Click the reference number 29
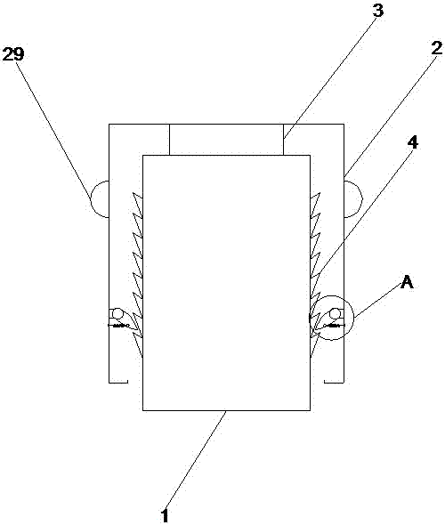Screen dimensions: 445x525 [x=13, y=54]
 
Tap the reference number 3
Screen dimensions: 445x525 [x=377, y=10]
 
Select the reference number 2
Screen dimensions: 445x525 [x=436, y=49]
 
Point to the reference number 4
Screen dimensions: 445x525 [x=413, y=143]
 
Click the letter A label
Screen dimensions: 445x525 [x=407, y=282]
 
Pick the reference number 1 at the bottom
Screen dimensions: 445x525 [x=164, y=515]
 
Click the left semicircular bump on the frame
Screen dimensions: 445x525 [x=100, y=199]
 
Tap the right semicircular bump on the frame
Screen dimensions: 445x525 [x=353, y=199]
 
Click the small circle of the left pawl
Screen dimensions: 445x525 [x=117, y=314]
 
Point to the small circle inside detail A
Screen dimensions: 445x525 [x=335, y=314]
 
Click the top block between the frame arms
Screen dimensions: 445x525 [x=226, y=140]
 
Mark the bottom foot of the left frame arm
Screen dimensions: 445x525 [x=118, y=382]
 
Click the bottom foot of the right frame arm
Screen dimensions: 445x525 [x=334, y=382]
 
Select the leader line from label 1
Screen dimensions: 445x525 [x=196, y=459]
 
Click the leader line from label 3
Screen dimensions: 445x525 [x=329, y=77]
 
